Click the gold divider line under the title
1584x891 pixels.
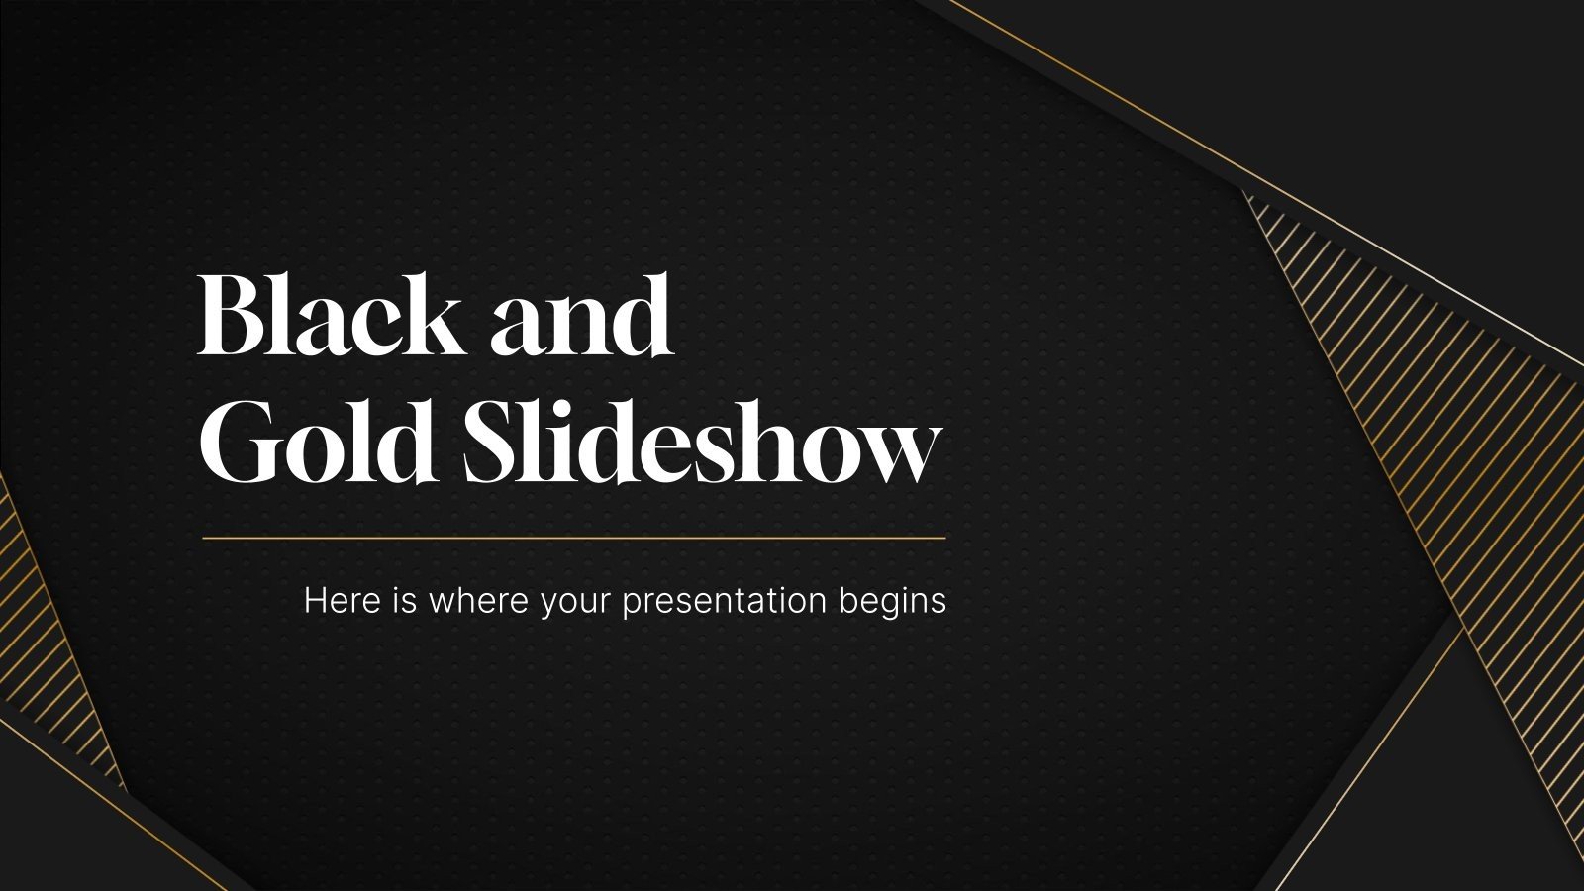tap(574, 539)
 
